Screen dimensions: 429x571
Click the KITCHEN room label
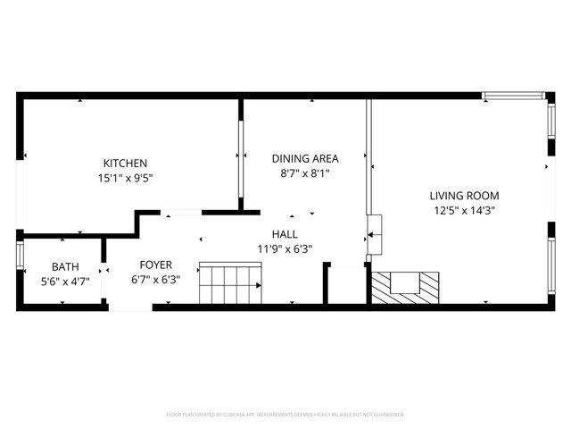125,163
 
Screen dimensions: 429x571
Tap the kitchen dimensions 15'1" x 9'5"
125,177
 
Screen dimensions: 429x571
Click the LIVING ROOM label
464,196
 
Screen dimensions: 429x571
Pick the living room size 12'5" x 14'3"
464,211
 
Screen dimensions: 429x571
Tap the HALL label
285,234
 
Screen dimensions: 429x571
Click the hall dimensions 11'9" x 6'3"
285,249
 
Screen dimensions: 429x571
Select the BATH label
65,266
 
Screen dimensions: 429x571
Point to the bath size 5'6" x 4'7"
65,282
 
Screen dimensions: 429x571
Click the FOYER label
155,265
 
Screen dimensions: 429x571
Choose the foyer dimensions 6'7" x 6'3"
155,281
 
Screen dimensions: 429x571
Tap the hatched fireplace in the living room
406,287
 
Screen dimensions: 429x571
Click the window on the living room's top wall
514,95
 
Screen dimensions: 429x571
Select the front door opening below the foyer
130,307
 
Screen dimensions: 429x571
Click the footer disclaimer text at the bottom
285,415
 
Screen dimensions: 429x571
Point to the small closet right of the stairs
345,285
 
